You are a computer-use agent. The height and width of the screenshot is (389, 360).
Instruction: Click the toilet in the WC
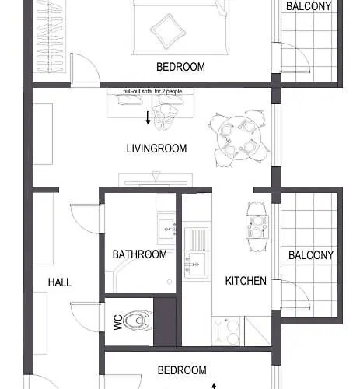(x=138, y=320)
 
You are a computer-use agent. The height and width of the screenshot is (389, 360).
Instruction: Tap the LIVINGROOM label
(x=156, y=149)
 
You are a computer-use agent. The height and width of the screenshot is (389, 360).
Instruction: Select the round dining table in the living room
(x=239, y=138)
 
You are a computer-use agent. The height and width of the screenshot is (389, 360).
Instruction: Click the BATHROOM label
(x=140, y=254)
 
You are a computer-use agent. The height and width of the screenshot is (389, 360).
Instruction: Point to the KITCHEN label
(x=246, y=281)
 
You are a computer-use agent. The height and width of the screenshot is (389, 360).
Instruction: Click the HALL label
(x=60, y=282)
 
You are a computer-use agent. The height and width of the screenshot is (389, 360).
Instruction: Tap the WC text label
(x=118, y=322)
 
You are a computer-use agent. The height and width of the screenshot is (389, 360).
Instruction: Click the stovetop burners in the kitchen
(x=228, y=331)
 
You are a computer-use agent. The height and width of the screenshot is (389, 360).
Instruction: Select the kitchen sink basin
(x=197, y=264)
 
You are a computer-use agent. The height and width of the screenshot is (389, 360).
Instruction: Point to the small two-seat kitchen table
(x=257, y=226)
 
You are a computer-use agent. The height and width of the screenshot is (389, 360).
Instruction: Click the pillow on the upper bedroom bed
(x=168, y=31)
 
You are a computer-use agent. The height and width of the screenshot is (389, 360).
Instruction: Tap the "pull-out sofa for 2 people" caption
(x=152, y=92)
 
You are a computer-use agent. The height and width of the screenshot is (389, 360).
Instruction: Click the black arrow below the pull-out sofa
(x=148, y=118)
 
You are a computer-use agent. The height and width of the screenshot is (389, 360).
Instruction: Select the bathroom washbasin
(x=166, y=229)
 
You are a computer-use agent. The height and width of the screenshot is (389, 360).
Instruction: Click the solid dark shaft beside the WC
(x=165, y=322)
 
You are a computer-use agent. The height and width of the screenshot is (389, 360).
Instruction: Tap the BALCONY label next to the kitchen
(x=311, y=255)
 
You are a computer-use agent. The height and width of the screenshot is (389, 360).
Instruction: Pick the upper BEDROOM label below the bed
(x=180, y=67)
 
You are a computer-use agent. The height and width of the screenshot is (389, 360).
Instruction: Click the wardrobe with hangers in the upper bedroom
(x=50, y=37)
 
